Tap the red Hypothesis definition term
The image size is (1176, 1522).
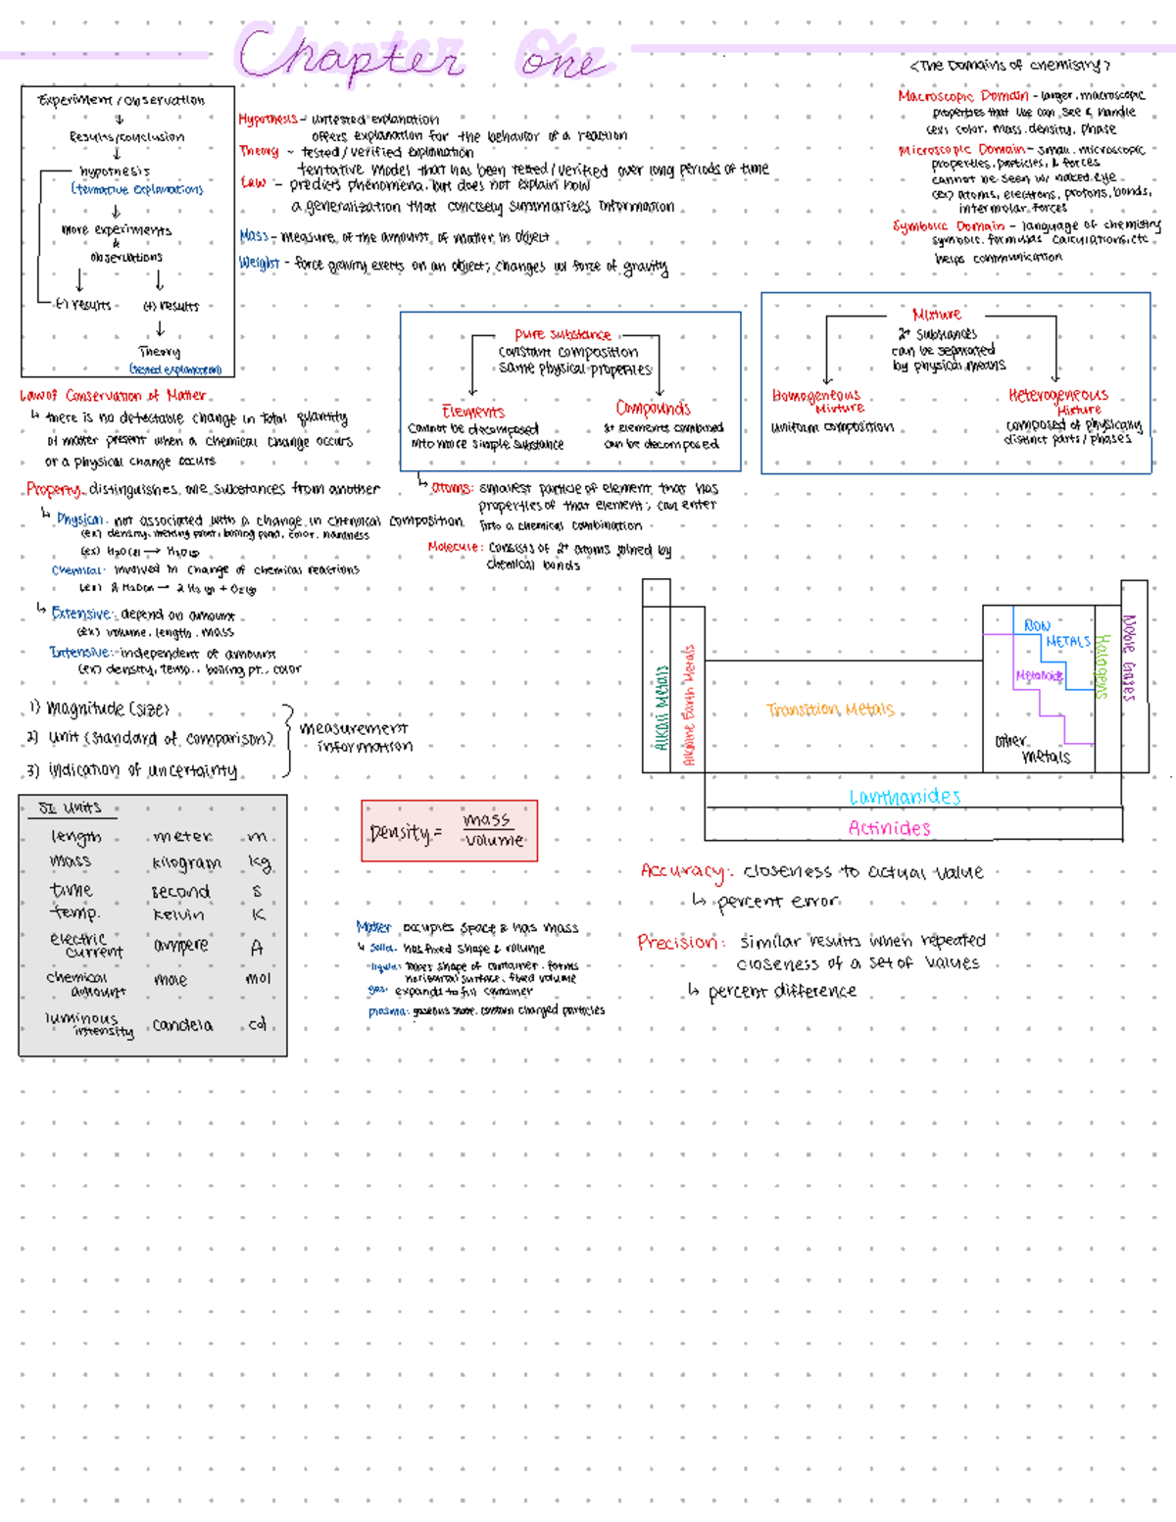(x=268, y=119)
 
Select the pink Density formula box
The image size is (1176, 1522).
(x=449, y=831)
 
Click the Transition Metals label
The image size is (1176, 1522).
(x=830, y=710)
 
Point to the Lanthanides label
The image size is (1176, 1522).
(x=905, y=797)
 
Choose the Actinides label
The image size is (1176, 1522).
(x=889, y=828)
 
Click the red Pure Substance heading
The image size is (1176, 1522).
(x=563, y=334)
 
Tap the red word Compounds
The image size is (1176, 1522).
(x=653, y=408)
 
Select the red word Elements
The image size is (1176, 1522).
(x=473, y=412)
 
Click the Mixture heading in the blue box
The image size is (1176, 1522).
(x=937, y=314)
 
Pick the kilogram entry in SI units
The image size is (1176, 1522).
(x=186, y=863)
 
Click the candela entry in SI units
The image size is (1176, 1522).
(x=182, y=1025)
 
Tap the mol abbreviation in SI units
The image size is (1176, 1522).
(x=258, y=978)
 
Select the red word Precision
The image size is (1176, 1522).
(x=680, y=942)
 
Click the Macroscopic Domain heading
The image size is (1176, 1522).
(x=963, y=96)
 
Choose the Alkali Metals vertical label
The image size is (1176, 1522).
(x=661, y=708)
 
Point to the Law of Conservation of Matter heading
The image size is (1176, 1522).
(x=113, y=396)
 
